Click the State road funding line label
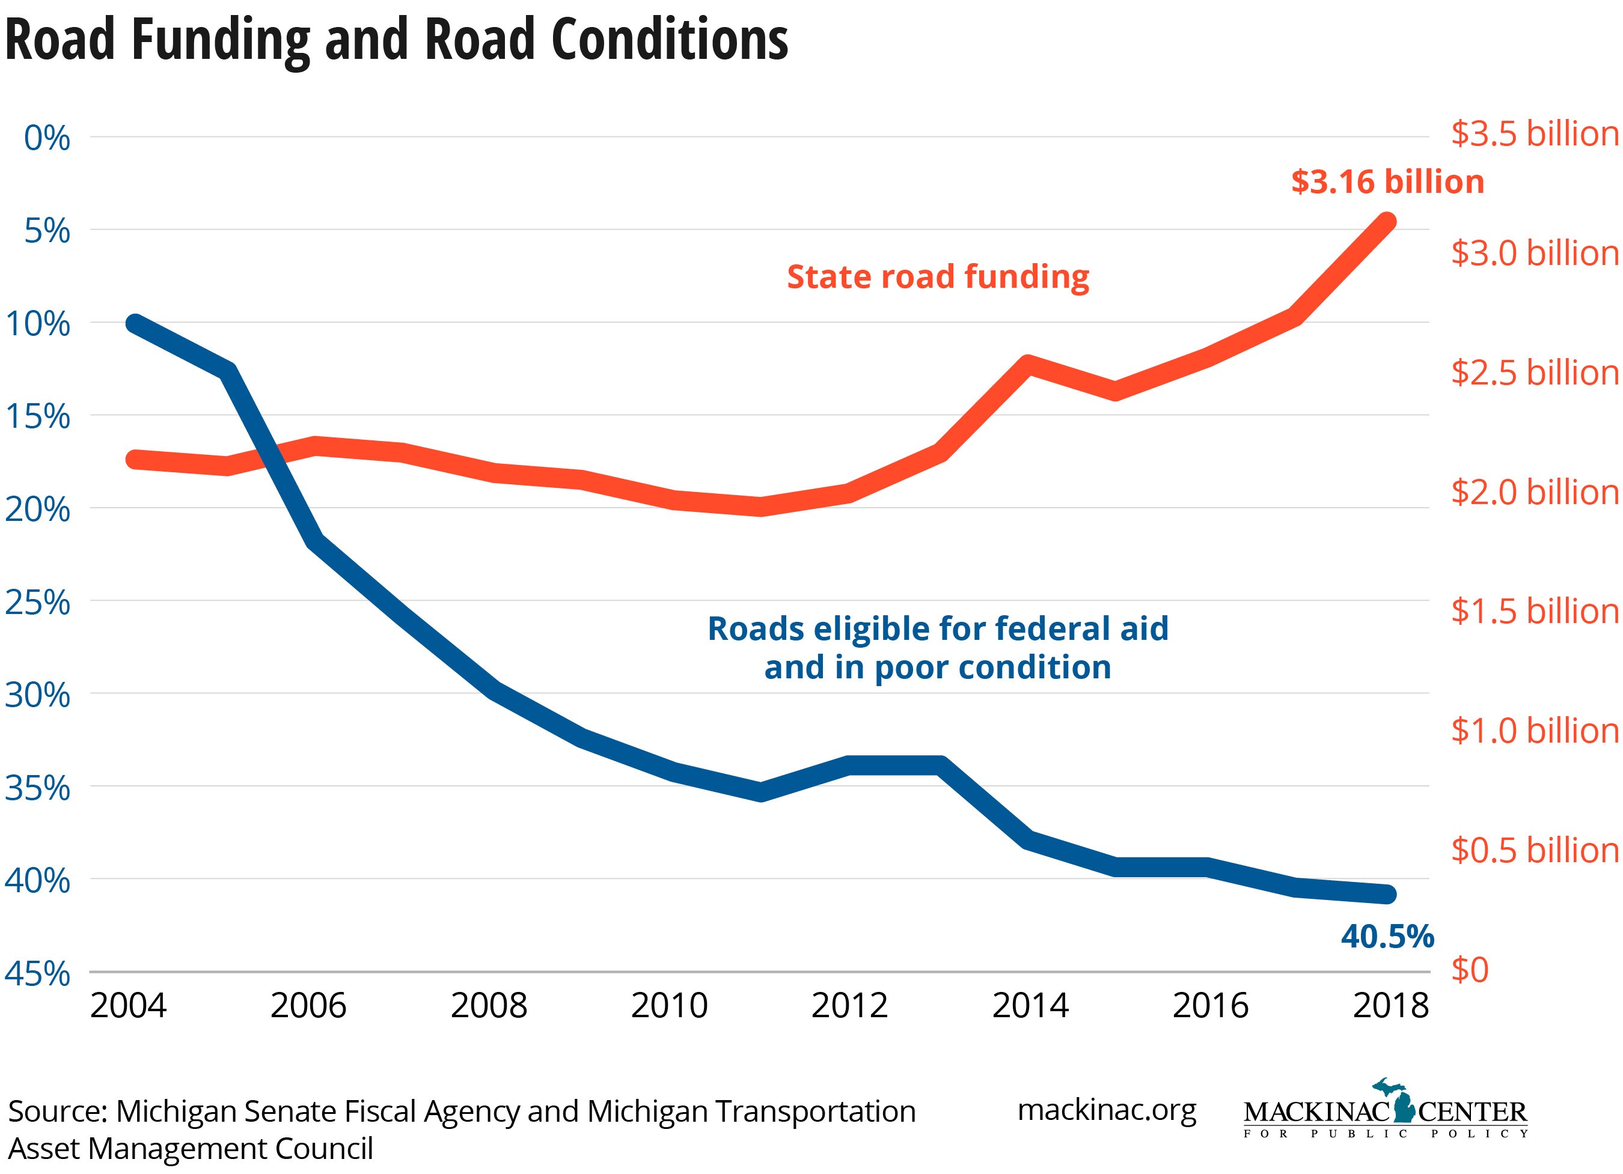click(938, 277)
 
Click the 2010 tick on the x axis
click(669, 1005)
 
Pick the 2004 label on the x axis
click(128, 1005)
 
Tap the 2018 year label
click(1390, 1005)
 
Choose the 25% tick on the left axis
click(38, 603)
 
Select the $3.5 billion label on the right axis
click(1535, 134)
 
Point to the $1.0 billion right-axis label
click(1535, 731)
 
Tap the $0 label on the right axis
click(1470, 969)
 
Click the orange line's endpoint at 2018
click(1387, 221)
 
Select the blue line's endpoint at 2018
click(1387, 893)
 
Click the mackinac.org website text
click(1106, 1110)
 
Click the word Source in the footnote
click(57, 1112)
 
